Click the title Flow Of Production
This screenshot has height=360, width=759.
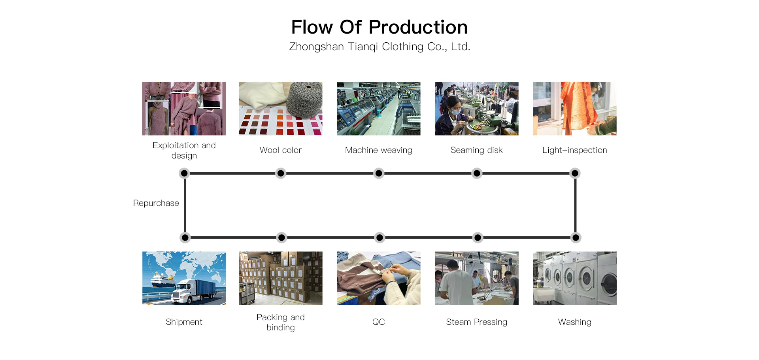pos(379,27)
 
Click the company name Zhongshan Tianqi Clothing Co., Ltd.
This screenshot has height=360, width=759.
pos(379,47)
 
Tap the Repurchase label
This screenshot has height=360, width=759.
pos(156,203)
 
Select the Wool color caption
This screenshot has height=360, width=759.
pos(280,150)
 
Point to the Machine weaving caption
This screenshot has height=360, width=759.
pos(378,150)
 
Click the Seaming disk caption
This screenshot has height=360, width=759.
pos(476,150)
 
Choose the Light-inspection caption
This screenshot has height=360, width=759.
pos(574,150)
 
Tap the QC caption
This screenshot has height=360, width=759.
pos(378,322)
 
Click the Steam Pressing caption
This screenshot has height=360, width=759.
pos(476,322)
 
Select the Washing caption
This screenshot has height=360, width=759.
pos(574,322)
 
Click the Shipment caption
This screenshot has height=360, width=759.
pos(184,322)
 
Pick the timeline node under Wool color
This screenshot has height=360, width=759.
pos(281,173)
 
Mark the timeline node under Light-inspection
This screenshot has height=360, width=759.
pos(575,173)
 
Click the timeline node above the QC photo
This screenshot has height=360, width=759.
pos(379,237)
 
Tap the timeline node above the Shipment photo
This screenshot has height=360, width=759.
pos(185,237)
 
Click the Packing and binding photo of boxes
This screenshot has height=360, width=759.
pos(280,278)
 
